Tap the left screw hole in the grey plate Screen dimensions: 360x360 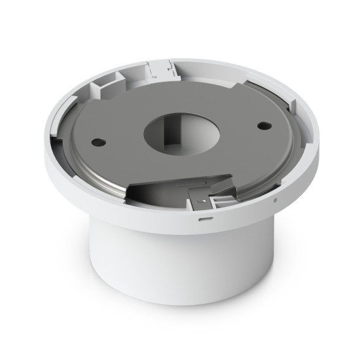point(98,141)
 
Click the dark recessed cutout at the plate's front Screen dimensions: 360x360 point(157,190)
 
